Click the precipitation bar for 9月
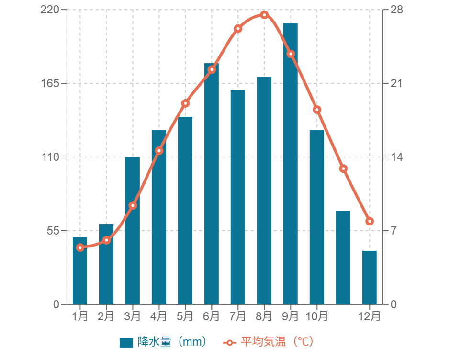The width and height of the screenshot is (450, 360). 290,163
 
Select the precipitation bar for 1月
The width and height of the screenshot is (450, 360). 80,270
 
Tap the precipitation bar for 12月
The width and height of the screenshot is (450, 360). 369,277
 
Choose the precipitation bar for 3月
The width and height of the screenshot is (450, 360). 133,230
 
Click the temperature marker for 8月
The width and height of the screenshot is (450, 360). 264,14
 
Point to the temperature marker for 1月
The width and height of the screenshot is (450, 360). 80,247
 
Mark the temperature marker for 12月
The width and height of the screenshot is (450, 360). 369,221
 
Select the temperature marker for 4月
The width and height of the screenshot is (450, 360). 159,151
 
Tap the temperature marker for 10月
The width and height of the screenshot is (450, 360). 316,110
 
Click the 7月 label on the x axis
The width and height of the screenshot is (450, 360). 237,316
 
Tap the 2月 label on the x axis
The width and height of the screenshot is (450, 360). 106,316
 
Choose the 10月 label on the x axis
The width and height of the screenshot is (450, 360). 316,316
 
